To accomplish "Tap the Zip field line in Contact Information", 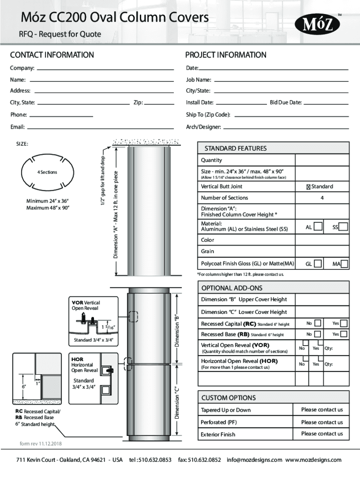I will pyautogui.click(x=159, y=103).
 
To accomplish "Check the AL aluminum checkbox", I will pyautogui.click(x=318, y=227).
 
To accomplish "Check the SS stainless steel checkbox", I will pyautogui.click(x=344, y=227).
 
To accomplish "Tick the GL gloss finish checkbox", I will pyautogui.click(x=318, y=264).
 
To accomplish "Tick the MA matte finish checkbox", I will pyautogui.click(x=345, y=264).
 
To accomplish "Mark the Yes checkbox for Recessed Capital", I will pyautogui.click(x=344, y=323).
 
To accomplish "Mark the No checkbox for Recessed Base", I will pyautogui.click(x=318, y=334).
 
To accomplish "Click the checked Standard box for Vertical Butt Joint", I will pyautogui.click(x=309, y=187).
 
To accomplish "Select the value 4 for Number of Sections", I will pyautogui.click(x=322, y=198).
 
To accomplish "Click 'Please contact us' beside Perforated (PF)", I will pyautogui.click(x=322, y=422).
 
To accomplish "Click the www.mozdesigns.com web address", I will pyautogui.click(x=313, y=460).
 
